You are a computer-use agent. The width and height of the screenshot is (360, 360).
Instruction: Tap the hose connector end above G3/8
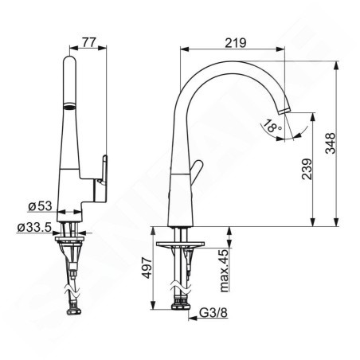[x=182, y=307]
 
